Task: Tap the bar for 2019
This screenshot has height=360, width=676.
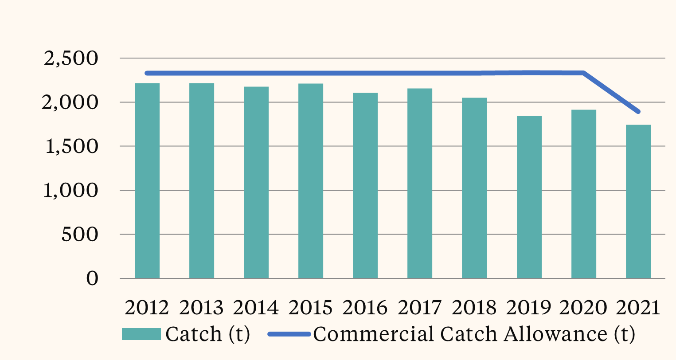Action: (529, 197)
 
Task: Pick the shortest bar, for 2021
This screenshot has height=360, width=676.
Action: (638, 202)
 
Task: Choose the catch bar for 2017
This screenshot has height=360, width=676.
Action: (420, 184)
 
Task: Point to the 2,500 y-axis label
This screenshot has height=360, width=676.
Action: (71, 59)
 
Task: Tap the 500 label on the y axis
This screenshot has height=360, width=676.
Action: (80, 235)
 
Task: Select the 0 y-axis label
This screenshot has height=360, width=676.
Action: (92, 279)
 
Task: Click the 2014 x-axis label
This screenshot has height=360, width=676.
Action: (256, 307)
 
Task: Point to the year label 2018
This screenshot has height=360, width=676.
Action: (474, 307)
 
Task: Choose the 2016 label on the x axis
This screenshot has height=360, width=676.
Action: (365, 307)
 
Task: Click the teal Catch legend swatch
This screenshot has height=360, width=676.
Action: (141, 334)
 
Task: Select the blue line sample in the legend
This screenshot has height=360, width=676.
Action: (289, 334)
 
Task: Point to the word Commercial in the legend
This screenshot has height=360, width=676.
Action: (374, 334)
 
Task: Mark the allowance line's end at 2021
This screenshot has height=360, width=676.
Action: (638, 111)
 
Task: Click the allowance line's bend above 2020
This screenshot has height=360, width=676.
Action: (584, 73)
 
